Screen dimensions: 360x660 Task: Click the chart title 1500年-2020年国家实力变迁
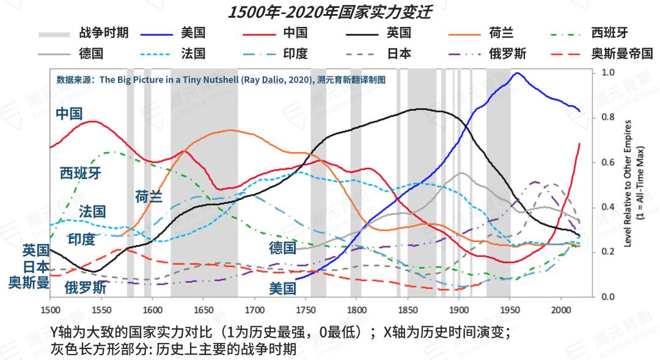329,12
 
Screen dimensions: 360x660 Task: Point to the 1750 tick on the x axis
306,297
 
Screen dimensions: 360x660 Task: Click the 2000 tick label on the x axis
560,310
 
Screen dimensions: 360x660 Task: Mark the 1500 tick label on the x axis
50,310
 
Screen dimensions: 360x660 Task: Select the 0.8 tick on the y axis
593,117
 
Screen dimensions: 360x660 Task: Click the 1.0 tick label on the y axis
608,72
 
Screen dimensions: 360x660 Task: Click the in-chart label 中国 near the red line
68,114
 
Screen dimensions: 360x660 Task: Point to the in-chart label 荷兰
149,197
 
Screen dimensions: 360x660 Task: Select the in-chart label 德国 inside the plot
282,248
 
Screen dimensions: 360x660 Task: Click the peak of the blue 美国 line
518,73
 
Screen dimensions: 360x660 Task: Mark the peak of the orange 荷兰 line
229,130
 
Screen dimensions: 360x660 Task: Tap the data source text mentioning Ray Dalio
220,79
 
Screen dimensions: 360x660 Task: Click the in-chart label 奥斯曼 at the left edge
28,281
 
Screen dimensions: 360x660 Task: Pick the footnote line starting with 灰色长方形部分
174,349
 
